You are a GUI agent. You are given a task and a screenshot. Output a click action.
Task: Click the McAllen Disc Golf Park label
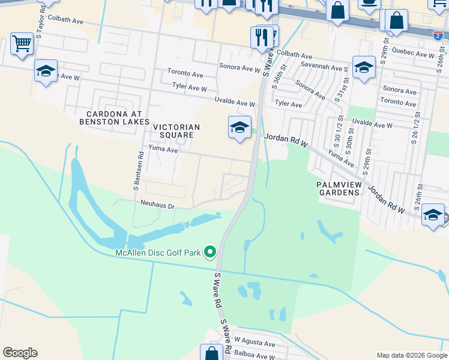pos(158,253)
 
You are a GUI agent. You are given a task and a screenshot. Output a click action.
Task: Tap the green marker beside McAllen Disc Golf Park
pos(210,252)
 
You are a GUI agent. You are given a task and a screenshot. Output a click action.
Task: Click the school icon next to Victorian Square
pos(240,127)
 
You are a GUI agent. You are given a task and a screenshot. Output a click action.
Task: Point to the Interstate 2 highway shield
pos(439,36)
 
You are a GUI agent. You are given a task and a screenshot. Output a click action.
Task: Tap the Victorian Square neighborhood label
pos(173,131)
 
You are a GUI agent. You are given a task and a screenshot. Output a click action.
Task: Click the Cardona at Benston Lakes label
pos(115,118)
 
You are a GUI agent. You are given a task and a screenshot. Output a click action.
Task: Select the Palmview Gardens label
pos(338,188)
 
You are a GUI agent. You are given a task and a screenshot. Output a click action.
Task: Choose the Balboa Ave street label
pos(255,354)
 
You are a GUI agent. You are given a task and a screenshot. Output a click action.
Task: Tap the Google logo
pos(20,353)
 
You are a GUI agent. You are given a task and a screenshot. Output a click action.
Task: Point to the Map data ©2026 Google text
pos(411,355)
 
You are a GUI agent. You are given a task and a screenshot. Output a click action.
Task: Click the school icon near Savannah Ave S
pos(364,68)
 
